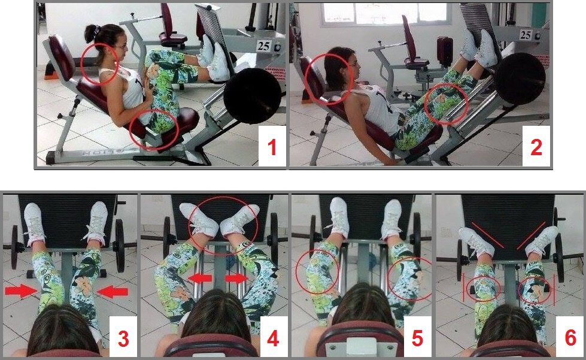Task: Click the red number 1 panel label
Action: tap(272, 147)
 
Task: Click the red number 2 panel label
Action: tap(536, 147)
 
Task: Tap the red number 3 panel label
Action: tap(123, 338)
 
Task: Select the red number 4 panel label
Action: tap(272, 338)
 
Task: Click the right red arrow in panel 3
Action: tap(113, 291)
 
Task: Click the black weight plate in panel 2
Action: tap(521, 78)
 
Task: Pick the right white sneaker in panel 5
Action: tap(391, 216)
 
